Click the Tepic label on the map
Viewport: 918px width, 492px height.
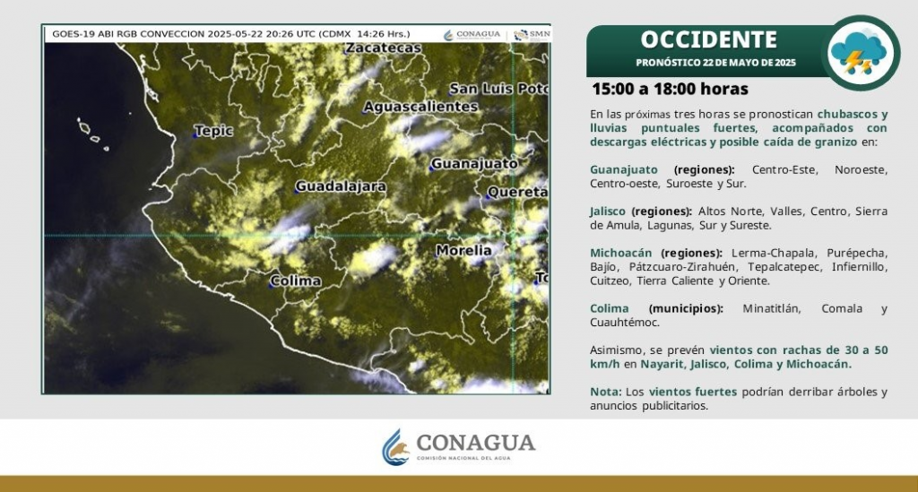point(213,131)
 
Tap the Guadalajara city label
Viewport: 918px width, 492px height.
point(341,186)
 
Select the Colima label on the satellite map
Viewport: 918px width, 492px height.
point(296,281)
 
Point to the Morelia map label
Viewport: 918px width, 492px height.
point(463,250)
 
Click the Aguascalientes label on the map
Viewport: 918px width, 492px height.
point(420,107)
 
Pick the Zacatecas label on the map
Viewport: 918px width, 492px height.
point(384,48)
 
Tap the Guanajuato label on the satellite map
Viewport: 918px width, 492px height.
point(474,164)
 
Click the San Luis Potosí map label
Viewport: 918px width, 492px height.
point(498,89)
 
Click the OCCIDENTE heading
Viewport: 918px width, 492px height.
point(708,39)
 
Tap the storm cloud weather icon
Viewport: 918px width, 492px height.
point(860,53)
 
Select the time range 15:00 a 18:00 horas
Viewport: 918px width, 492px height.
point(670,89)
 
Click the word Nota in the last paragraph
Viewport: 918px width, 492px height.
point(604,392)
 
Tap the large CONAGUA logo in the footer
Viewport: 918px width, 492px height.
point(458,447)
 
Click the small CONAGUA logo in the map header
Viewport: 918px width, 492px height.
point(472,35)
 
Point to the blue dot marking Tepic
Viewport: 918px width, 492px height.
point(195,135)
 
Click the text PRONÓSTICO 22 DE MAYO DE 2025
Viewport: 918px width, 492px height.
point(715,63)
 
